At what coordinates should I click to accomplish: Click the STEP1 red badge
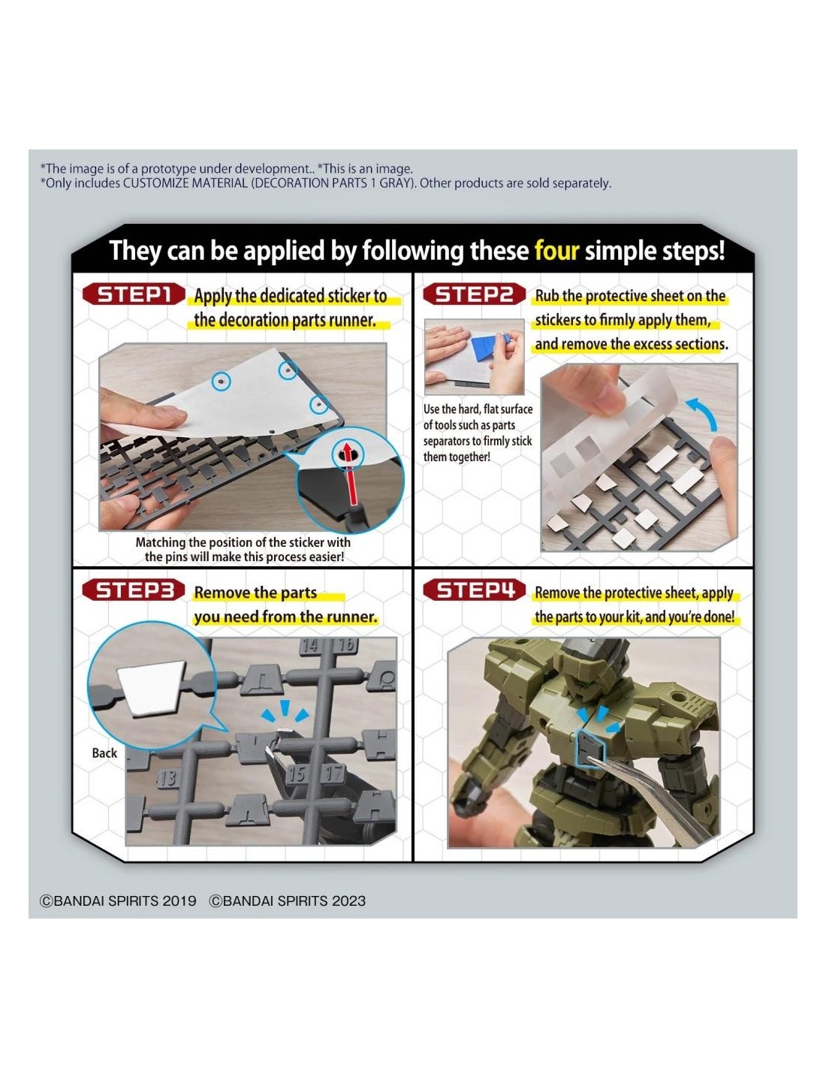coord(134,294)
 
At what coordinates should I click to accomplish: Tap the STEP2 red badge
coord(474,294)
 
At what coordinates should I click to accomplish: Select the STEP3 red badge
coord(134,590)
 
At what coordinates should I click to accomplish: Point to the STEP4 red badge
coord(474,590)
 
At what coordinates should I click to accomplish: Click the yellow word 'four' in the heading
coord(556,251)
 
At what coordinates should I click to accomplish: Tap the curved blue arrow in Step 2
coord(703,412)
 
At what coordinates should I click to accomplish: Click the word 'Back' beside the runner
coord(104,753)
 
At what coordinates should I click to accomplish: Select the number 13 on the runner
coord(167,777)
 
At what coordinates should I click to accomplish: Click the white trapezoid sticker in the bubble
coord(152,687)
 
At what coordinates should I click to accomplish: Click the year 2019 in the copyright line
coord(179,901)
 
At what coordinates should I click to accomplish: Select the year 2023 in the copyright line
coord(348,901)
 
